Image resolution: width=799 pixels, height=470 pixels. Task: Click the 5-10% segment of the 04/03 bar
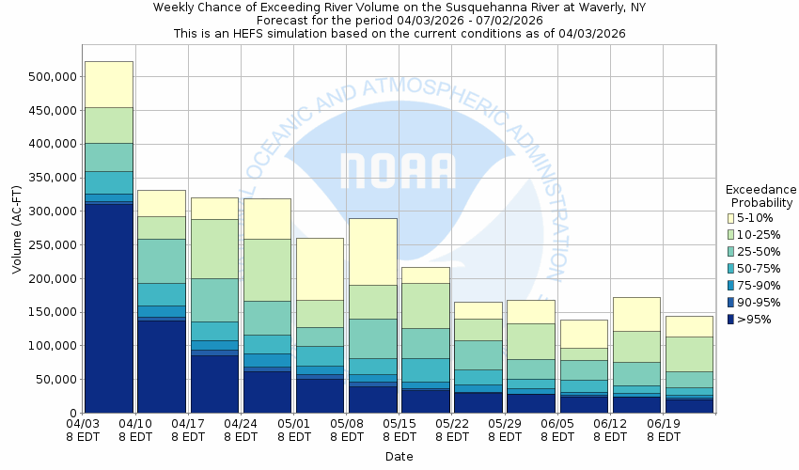pos(108,84)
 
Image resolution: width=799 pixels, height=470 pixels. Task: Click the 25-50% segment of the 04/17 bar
pos(213,300)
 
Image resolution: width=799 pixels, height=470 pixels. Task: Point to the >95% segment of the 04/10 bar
pos(161,367)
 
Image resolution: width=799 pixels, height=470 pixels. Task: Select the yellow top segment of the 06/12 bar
pos(636,314)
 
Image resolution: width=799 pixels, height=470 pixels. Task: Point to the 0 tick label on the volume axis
pos(70,414)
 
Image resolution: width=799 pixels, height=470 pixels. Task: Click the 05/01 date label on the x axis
pos(294,430)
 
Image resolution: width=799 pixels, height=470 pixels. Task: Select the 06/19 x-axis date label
pos(666,430)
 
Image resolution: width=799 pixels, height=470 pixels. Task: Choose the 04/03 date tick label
pos(84,430)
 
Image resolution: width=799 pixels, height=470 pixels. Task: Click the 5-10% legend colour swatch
pos(731,218)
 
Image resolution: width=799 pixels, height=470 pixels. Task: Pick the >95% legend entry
pos(752,320)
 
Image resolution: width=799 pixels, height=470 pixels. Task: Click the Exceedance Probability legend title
pos(760,196)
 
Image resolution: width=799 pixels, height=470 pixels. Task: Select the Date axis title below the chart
pos(399,457)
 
